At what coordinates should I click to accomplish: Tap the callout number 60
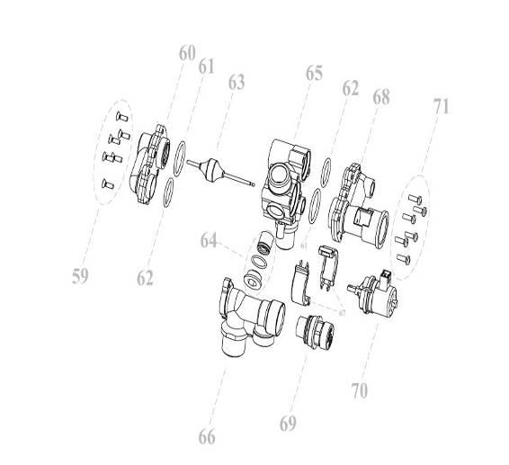point(186,54)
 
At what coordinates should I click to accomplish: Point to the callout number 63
point(236,83)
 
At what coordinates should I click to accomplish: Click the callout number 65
point(313,73)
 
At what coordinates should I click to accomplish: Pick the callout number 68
point(381,96)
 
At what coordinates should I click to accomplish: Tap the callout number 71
point(441,106)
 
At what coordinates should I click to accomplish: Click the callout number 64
point(209,240)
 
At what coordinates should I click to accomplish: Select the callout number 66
point(207,437)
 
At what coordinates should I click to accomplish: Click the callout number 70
point(360,391)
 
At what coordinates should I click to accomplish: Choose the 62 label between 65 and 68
point(350,88)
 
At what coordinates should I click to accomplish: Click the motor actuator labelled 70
point(373,291)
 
